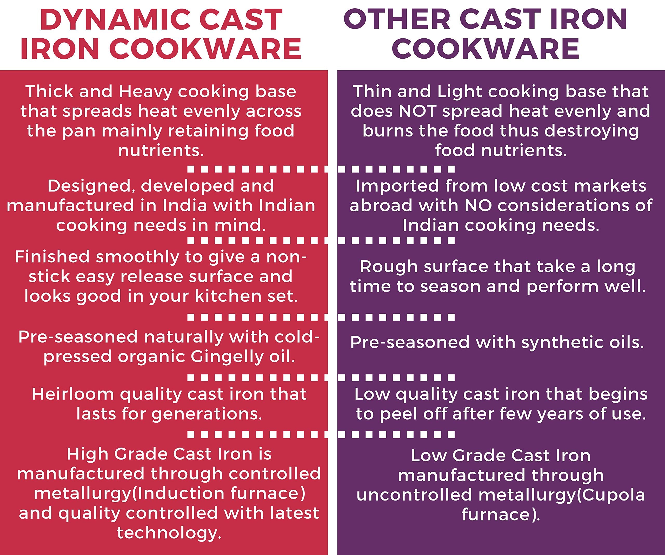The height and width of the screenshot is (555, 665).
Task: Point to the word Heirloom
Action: pos(72,394)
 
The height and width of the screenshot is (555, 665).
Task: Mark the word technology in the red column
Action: pos(169,533)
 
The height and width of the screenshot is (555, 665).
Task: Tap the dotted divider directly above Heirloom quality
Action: pos(321,378)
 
